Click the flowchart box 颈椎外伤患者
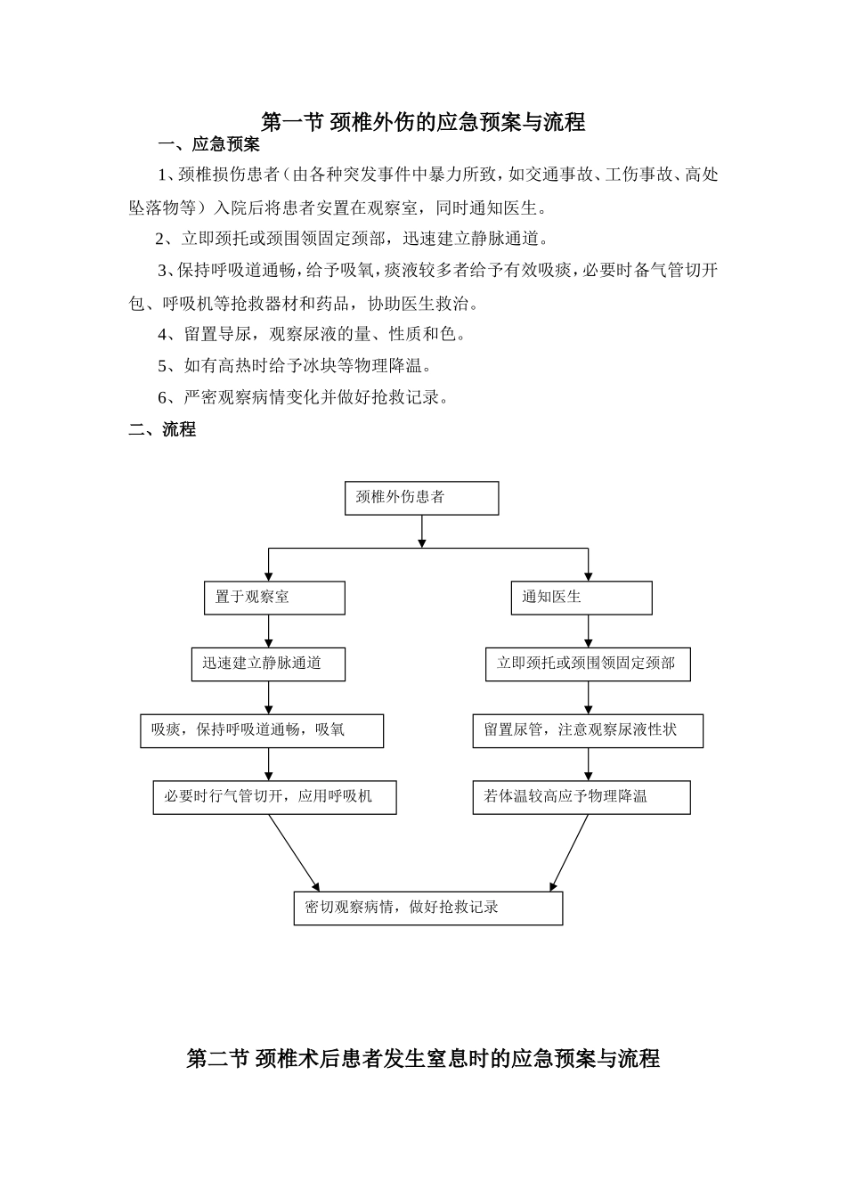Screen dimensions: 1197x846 421,498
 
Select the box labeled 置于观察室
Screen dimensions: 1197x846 274,598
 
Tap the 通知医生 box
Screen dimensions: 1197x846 581,598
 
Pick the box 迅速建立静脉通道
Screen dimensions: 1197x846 268,664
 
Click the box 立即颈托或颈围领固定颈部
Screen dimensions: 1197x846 588,664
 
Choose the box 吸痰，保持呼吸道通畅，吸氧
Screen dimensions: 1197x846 262,730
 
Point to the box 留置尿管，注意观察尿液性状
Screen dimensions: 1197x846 588,730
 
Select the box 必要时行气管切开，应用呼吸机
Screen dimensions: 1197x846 274,797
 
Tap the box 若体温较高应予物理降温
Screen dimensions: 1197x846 581,797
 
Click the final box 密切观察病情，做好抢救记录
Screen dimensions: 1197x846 428,908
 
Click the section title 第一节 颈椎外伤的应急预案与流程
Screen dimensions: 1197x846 423,122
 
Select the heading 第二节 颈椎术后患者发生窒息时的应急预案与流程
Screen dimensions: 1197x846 423,1058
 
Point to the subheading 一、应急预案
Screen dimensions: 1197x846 208,144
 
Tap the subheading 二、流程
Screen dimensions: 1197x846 162,429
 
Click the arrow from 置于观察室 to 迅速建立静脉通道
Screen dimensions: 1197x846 269,631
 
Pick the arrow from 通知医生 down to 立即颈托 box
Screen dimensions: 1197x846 588,631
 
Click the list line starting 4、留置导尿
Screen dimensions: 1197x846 312,335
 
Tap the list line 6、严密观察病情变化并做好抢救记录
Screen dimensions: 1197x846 303,397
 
